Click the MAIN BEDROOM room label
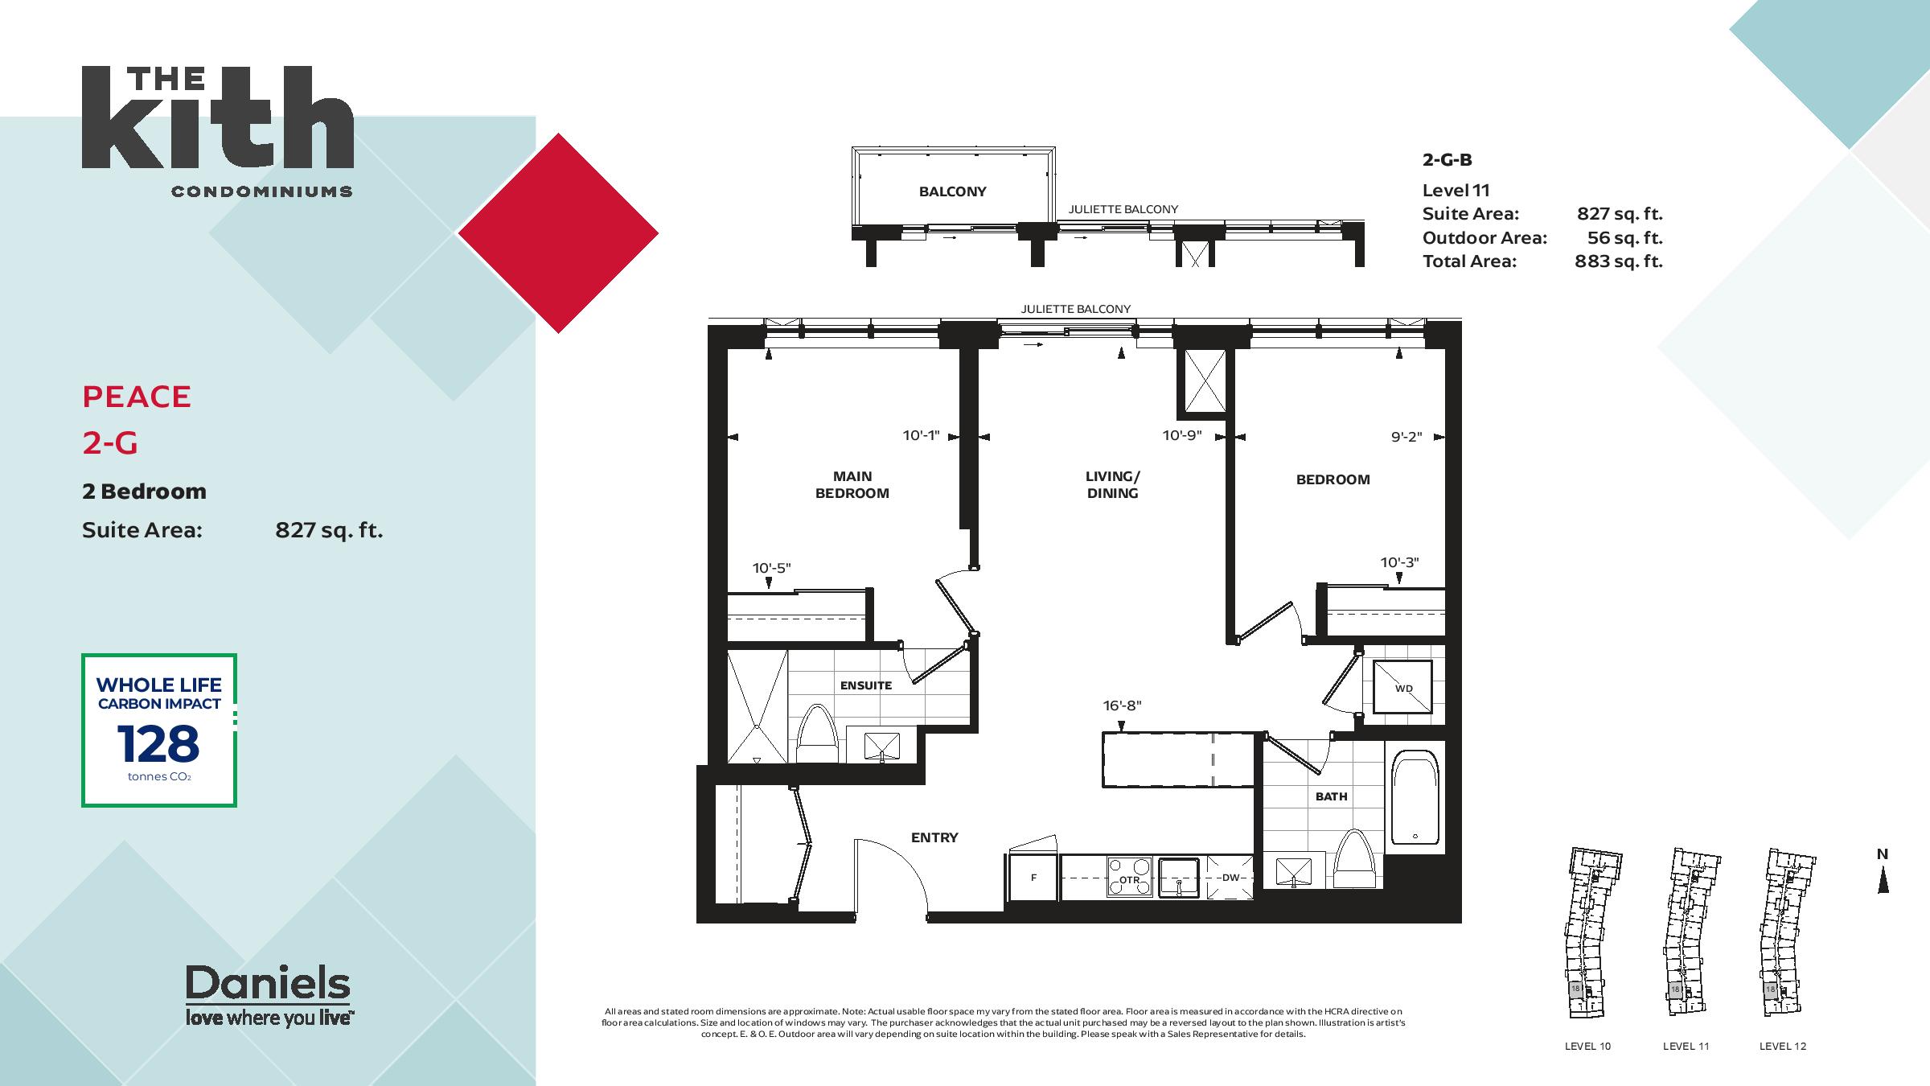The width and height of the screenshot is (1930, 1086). tap(852, 484)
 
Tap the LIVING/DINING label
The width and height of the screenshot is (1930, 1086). tap(1112, 484)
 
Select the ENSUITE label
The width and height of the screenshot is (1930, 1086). tap(866, 685)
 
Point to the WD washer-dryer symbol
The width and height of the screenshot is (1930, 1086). tap(1402, 687)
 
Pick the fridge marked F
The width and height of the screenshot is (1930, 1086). tap(1033, 877)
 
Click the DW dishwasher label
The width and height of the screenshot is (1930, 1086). tap(1230, 878)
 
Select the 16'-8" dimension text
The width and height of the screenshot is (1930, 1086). tap(1122, 705)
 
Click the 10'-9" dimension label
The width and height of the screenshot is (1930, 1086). tap(1182, 435)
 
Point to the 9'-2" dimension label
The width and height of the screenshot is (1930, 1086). tap(1406, 437)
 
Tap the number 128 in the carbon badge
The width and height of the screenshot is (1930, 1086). tap(158, 743)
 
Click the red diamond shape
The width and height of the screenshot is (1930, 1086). tap(558, 233)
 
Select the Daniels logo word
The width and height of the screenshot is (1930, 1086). tap(268, 983)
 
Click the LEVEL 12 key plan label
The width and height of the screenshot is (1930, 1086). tap(1783, 1047)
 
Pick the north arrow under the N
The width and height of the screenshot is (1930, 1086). tap(1883, 881)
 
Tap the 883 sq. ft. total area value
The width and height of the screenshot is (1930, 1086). tap(1619, 261)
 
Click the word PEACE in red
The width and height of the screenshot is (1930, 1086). tap(137, 397)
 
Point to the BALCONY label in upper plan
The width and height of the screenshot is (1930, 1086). tap(953, 191)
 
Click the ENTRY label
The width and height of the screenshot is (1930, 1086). tap(934, 837)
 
